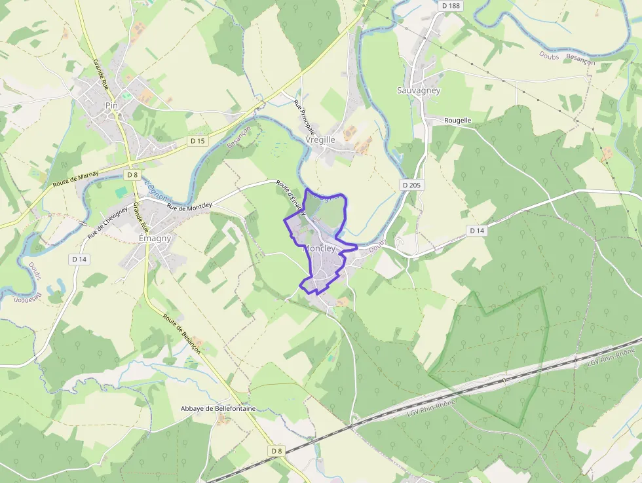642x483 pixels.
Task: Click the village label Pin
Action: [x=111, y=105]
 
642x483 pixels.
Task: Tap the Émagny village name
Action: [x=155, y=239]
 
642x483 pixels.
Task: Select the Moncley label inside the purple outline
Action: [x=319, y=249]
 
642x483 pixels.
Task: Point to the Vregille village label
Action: [x=320, y=140]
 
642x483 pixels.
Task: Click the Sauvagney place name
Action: [x=419, y=90]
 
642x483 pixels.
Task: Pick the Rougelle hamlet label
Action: [x=458, y=121]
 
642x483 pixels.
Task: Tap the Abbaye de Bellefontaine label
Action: [x=218, y=408]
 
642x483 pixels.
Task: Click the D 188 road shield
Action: [x=451, y=5]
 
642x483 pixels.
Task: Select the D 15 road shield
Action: [x=197, y=141]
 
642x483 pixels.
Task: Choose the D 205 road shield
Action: [x=413, y=185]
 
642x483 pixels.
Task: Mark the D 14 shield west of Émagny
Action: [x=79, y=260]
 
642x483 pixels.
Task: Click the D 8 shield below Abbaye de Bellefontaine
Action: [x=276, y=451]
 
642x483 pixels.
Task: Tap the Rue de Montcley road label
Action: [x=189, y=206]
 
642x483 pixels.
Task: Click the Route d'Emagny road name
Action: [x=291, y=197]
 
